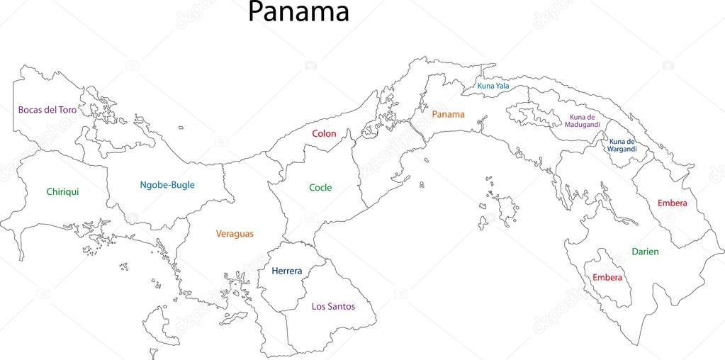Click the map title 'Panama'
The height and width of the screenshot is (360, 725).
click(x=298, y=12)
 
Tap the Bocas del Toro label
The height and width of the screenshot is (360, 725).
click(x=47, y=110)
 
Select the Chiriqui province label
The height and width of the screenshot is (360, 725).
click(x=62, y=191)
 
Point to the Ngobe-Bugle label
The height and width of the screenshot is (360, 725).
click(x=167, y=185)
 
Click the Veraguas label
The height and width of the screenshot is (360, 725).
click(x=235, y=233)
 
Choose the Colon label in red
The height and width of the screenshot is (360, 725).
click(x=324, y=133)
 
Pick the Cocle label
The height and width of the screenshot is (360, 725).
click(x=320, y=188)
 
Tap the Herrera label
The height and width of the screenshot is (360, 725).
click(x=286, y=271)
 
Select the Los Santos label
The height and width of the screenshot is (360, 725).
click(x=333, y=306)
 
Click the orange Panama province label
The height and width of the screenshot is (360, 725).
click(x=448, y=114)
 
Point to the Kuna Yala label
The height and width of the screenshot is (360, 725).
click(x=493, y=86)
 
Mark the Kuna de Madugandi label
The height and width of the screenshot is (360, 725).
click(x=583, y=120)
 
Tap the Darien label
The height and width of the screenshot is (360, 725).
click(x=645, y=252)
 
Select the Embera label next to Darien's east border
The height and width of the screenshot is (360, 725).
click(x=672, y=203)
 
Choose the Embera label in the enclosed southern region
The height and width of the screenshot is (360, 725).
click(x=607, y=277)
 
